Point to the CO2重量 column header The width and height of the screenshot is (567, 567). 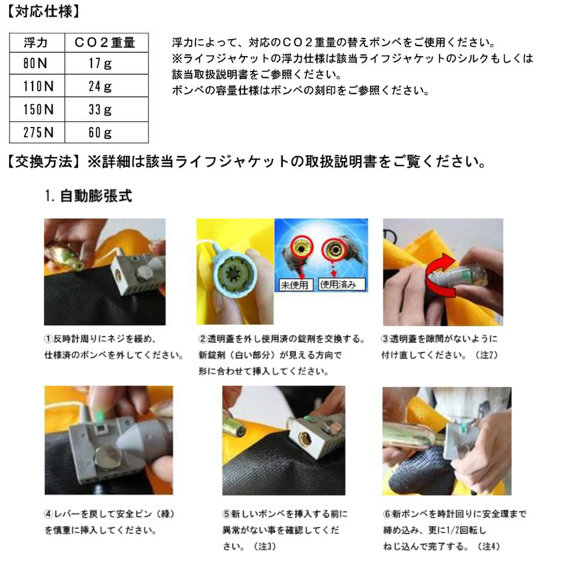coord(105,43)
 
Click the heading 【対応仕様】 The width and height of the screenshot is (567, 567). coord(44,11)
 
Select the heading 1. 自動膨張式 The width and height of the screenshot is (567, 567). coord(88,196)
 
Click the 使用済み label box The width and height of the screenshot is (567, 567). coord(342,285)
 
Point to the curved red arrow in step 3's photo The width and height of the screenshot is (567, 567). coord(438,274)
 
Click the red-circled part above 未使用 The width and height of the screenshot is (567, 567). coord(301,247)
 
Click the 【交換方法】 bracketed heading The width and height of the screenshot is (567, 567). coord(44,161)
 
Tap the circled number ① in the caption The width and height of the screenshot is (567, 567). coord(48,339)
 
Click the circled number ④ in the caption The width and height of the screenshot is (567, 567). coord(49,514)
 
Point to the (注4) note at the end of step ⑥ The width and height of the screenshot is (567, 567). coord(489,546)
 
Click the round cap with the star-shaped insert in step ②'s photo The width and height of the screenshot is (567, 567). coord(235,271)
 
